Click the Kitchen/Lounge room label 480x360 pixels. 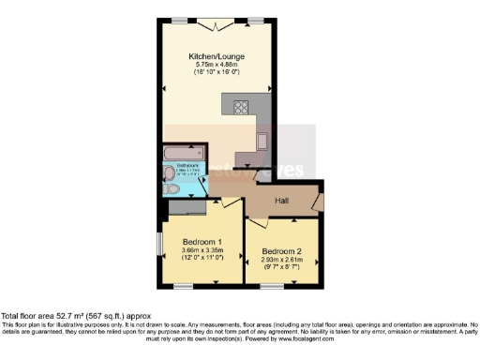coord(211,56)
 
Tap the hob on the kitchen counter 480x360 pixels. coord(234,106)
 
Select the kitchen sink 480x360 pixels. coord(262,142)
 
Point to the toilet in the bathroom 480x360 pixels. coord(169,189)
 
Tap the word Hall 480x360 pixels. coord(281,201)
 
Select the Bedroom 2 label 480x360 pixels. coord(281,251)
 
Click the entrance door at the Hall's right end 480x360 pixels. coord(320,200)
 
